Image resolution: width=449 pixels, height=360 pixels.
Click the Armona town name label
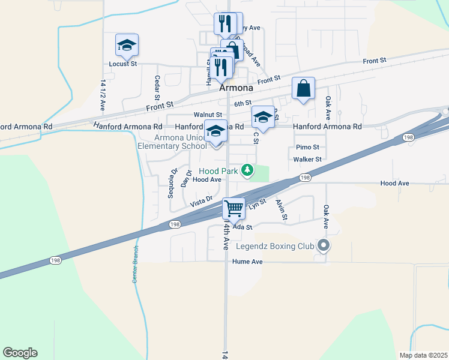[236, 88]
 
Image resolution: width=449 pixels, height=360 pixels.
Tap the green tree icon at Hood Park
[247, 171]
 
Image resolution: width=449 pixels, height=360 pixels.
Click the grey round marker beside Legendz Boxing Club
[324, 245]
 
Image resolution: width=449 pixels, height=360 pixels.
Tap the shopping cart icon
[234, 209]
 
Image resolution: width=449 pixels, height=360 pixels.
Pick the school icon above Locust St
[127, 45]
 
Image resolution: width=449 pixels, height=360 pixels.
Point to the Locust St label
[122, 63]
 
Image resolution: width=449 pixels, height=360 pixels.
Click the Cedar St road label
[157, 88]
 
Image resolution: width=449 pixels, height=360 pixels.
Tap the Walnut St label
[208, 115]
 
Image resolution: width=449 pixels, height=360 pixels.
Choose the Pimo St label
[307, 147]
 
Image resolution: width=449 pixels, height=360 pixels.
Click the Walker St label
[308, 160]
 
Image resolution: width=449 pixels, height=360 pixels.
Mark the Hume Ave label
[249, 262]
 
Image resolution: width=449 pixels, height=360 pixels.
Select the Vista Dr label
[202, 201]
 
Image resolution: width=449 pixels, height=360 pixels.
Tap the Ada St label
[243, 227]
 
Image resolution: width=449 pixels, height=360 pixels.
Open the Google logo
[20, 353]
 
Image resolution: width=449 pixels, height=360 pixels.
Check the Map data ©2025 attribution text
[424, 355]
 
